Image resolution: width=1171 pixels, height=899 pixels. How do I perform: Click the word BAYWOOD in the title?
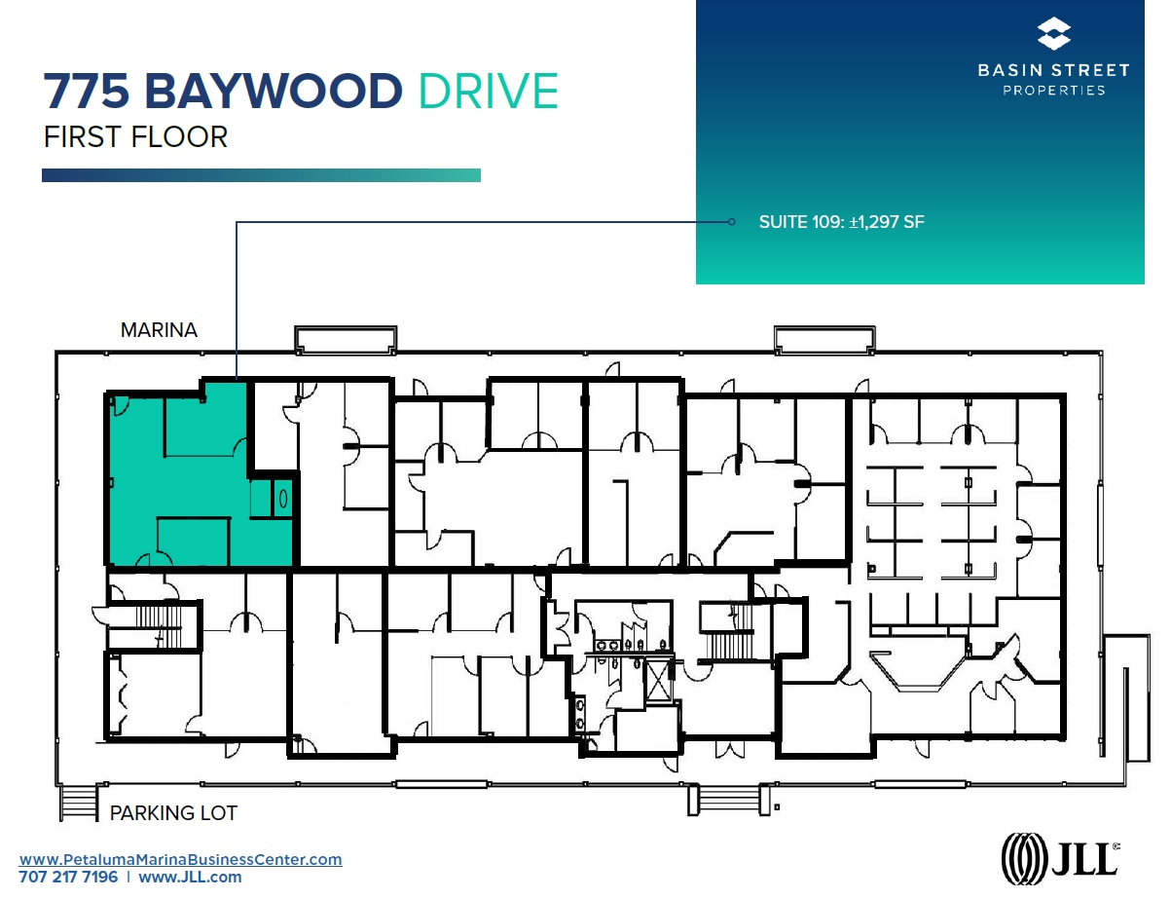(273, 92)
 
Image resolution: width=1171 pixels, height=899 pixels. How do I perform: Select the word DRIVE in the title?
(488, 92)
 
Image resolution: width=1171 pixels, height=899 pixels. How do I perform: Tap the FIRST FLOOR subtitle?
(135, 136)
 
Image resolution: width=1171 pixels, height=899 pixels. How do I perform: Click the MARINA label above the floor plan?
(159, 330)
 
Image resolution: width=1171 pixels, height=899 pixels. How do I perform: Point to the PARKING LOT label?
(173, 812)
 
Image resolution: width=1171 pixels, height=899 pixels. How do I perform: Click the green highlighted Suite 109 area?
(175, 477)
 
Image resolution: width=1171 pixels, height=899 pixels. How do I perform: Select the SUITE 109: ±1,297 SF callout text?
(841, 222)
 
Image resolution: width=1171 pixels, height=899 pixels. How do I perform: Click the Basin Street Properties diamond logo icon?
(1053, 34)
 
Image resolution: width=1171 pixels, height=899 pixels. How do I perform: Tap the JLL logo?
(1060, 859)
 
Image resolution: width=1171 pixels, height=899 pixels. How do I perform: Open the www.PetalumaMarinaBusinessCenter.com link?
(181, 859)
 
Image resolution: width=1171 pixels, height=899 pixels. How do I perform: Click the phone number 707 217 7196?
(68, 877)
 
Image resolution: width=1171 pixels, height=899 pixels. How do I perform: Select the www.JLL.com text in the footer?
(190, 877)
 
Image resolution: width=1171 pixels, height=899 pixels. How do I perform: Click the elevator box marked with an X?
(659, 680)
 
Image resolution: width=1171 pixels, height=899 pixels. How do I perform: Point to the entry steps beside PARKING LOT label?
(79, 803)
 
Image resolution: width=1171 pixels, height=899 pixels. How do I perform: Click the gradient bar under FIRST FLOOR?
(261, 175)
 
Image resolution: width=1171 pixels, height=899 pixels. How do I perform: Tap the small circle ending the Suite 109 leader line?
(732, 222)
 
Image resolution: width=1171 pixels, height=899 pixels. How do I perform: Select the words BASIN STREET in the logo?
(1053, 70)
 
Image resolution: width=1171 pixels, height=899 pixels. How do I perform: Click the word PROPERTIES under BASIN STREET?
(1053, 90)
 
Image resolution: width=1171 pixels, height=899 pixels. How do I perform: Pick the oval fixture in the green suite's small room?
(283, 498)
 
